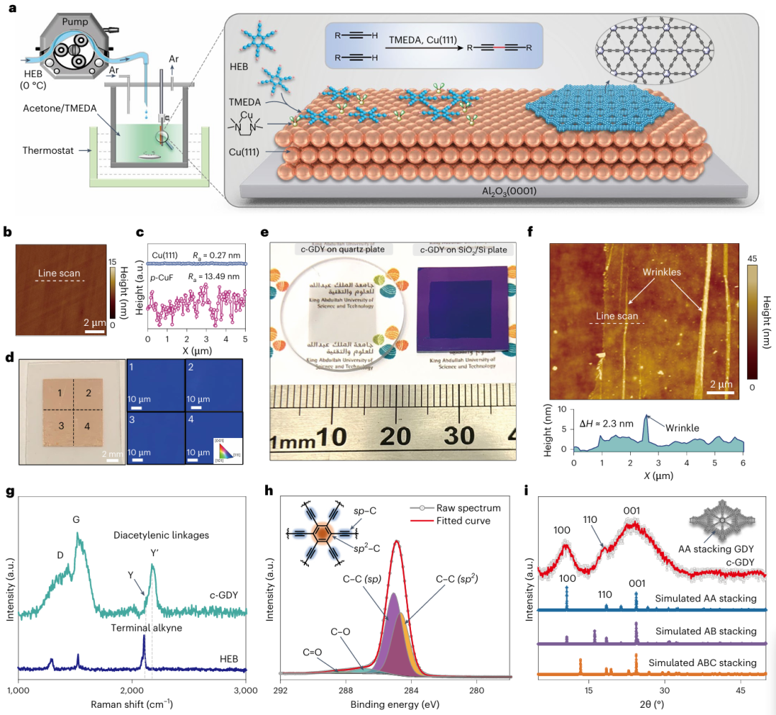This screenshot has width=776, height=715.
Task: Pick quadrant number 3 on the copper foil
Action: pos(63,426)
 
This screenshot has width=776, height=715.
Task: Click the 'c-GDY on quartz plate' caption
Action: pos(340,250)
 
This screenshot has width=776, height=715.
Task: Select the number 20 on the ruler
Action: pos(395,436)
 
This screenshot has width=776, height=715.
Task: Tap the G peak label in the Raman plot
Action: pos(76,517)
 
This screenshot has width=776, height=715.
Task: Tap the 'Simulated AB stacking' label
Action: pos(706,631)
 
